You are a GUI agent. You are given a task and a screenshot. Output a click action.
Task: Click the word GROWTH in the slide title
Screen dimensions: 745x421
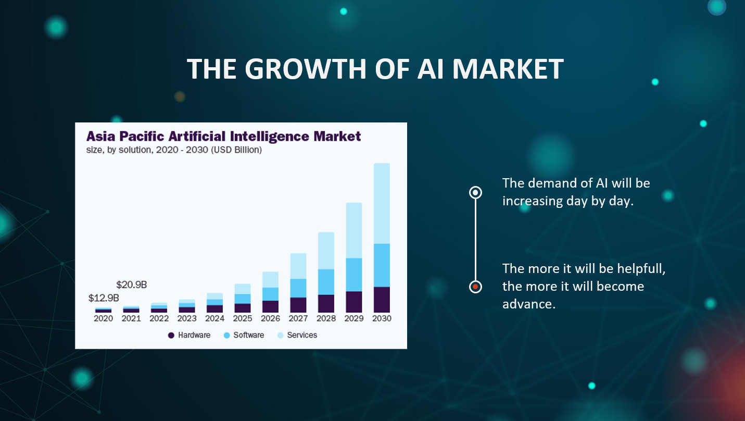tap(305, 69)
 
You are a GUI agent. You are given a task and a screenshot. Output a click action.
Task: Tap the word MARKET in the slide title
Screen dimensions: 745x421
tap(508, 69)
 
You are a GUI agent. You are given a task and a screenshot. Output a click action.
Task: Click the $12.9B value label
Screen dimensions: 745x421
tap(104, 298)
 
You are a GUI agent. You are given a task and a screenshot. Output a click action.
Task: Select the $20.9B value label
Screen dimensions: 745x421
tap(131, 284)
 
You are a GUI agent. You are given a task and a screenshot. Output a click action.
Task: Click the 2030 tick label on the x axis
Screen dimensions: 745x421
tap(382, 318)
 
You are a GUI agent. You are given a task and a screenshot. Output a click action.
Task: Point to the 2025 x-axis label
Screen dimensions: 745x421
tap(243, 318)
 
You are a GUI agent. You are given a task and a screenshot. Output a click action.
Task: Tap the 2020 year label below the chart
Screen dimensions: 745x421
tap(104, 318)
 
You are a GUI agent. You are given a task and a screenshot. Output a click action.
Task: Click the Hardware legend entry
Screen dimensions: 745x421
tap(189, 335)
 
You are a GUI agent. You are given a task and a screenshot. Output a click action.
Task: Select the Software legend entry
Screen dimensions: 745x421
tap(244, 335)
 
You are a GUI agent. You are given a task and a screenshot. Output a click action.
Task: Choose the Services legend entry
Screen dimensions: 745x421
tap(297, 335)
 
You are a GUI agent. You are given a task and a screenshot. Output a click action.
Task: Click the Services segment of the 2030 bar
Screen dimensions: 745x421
tap(382, 203)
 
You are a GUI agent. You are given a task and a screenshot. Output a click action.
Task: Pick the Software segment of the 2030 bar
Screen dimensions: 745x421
tap(382, 265)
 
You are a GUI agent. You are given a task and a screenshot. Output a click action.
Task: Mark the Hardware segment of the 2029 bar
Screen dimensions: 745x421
tap(354, 302)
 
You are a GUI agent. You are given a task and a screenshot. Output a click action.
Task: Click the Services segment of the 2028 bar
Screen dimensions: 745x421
tap(326, 251)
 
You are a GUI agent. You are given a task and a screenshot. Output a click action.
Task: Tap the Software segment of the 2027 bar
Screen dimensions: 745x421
tap(298, 288)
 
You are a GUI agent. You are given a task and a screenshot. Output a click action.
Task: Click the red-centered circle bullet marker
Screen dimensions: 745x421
tap(475, 287)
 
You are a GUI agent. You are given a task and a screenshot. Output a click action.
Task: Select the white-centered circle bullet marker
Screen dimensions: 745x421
tap(475, 192)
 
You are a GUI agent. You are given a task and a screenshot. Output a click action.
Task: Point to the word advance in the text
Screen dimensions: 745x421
tap(529, 304)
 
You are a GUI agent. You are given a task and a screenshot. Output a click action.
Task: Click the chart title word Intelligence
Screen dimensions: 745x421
tap(270, 137)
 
